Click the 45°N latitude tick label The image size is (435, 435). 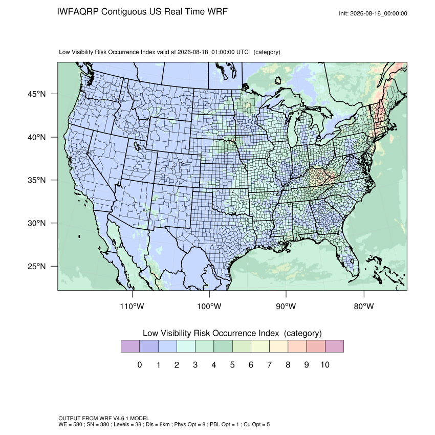click(37, 94)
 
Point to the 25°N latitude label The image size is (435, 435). click(37, 266)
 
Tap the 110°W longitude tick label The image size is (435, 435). click(132, 306)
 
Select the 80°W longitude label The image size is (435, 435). click(364, 306)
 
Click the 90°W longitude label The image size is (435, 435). click(286, 306)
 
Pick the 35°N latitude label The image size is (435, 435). click(37, 180)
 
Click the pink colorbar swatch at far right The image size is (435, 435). click(334, 346)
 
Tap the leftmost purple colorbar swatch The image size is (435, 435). click(130, 346)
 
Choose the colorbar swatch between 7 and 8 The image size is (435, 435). click(278, 346)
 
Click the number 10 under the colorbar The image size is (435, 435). click(325, 365)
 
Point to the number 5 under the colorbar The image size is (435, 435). click(232, 365)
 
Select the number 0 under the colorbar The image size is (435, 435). click(140, 365)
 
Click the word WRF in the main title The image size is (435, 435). click(218, 12)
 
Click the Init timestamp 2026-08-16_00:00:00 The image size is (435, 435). click(378, 14)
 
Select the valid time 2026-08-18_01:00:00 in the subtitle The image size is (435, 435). click(206, 52)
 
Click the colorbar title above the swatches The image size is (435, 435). click(232, 333)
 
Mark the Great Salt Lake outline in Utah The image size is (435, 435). click(137, 146)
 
